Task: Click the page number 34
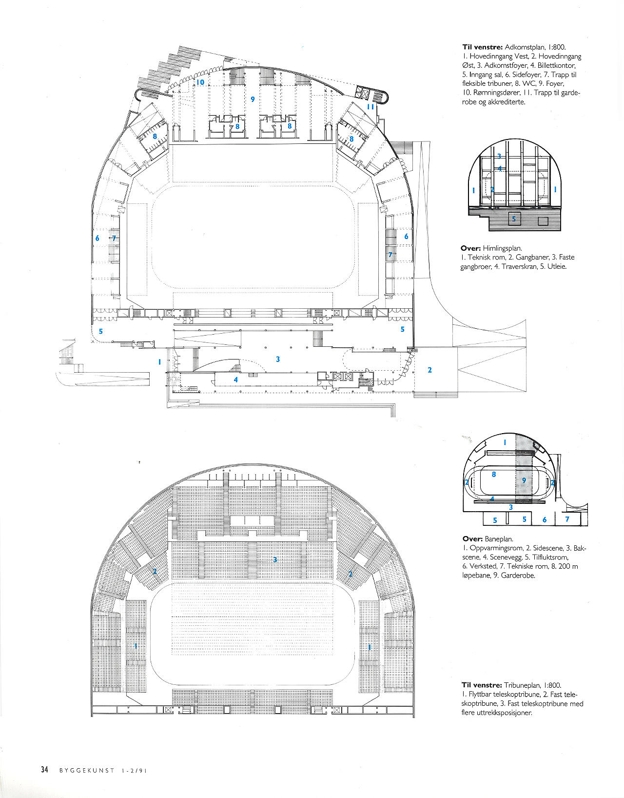coord(44,769)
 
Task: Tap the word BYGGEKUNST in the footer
coord(87,770)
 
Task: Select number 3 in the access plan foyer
coord(278,359)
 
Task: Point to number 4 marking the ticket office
coord(236,379)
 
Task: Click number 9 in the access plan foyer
coord(253,99)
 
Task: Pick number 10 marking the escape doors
coord(200,82)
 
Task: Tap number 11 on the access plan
coord(370,107)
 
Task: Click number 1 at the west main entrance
coord(159,362)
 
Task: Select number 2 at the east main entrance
coord(429,370)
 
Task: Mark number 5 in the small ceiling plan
coord(514,219)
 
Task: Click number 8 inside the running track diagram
coord(494,475)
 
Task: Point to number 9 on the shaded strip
coord(524,480)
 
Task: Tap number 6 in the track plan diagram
coord(545,519)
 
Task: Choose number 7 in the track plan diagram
coord(567,519)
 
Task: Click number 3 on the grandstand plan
coord(275,559)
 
